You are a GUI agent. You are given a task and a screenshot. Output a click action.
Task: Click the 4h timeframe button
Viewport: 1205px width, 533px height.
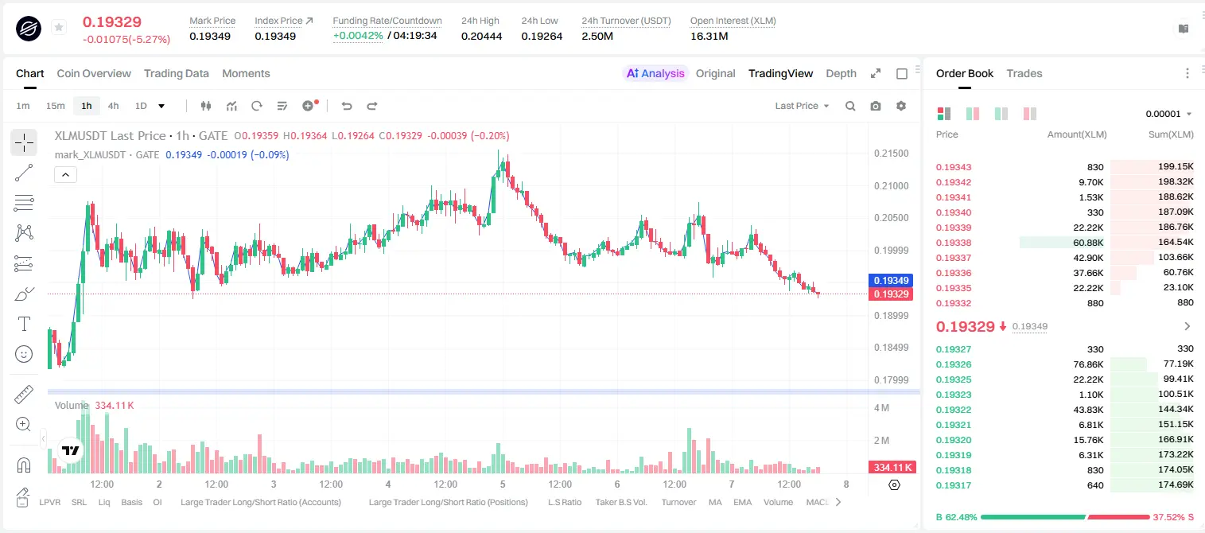113,106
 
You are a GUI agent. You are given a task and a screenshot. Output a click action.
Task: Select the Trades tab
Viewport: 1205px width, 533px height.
1024,73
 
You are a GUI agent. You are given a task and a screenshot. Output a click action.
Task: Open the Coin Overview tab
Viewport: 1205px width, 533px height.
94,73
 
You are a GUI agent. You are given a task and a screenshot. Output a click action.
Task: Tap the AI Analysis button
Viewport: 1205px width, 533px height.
655,73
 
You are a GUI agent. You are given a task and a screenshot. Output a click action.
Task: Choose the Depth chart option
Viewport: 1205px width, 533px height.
841,73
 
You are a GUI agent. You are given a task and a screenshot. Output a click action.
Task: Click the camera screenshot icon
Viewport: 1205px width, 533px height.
876,106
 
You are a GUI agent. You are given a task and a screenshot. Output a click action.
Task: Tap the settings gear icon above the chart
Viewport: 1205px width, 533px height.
901,106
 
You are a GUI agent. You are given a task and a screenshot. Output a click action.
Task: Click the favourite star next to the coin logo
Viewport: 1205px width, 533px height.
59,27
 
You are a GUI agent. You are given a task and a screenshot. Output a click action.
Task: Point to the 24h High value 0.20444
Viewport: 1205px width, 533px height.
481,36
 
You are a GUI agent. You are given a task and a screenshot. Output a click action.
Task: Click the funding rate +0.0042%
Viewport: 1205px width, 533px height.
358,36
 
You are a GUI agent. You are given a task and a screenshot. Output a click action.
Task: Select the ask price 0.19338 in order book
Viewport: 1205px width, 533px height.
953,243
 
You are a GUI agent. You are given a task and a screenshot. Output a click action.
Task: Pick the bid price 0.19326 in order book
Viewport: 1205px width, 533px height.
953,364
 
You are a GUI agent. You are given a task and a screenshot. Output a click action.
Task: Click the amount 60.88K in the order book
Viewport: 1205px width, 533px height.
1088,243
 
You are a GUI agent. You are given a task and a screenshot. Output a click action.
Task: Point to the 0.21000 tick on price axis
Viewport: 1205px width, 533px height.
892,185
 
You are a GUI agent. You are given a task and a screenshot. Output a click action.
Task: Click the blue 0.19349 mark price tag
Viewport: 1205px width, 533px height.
891,280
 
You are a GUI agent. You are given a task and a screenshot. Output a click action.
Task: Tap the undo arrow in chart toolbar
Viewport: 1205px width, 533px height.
347,106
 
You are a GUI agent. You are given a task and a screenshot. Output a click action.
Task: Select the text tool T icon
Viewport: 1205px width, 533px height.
24,324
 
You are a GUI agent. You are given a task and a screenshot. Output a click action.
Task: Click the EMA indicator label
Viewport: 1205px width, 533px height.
742,502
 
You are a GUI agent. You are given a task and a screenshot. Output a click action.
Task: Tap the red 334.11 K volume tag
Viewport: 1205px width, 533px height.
892,468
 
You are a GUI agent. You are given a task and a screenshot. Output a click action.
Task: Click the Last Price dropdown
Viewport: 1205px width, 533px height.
802,106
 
